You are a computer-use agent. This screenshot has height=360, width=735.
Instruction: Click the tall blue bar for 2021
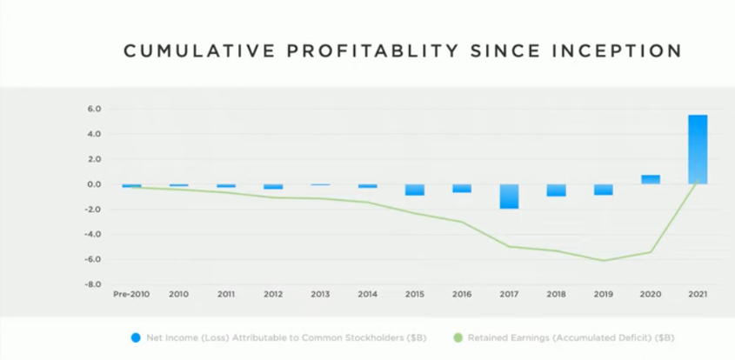[x=697, y=149]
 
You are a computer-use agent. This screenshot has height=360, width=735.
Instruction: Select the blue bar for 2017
[x=509, y=197]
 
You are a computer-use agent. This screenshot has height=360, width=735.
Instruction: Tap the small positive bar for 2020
[x=650, y=179]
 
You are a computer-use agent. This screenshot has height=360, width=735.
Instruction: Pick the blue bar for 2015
[x=415, y=190]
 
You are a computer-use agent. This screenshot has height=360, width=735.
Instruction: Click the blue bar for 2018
[x=556, y=190]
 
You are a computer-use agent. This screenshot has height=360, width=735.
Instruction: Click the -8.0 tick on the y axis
[x=94, y=284]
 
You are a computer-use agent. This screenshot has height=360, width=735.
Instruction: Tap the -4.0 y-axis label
[x=94, y=235]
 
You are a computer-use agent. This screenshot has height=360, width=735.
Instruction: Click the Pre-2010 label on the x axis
[x=131, y=296]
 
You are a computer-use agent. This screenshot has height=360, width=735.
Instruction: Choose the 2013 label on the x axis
[x=320, y=296]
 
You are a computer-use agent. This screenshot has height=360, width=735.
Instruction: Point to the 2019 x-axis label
[x=603, y=296]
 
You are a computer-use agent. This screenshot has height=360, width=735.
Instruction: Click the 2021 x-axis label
[x=697, y=296]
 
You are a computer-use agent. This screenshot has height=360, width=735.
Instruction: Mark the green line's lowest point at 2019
[x=603, y=260]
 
